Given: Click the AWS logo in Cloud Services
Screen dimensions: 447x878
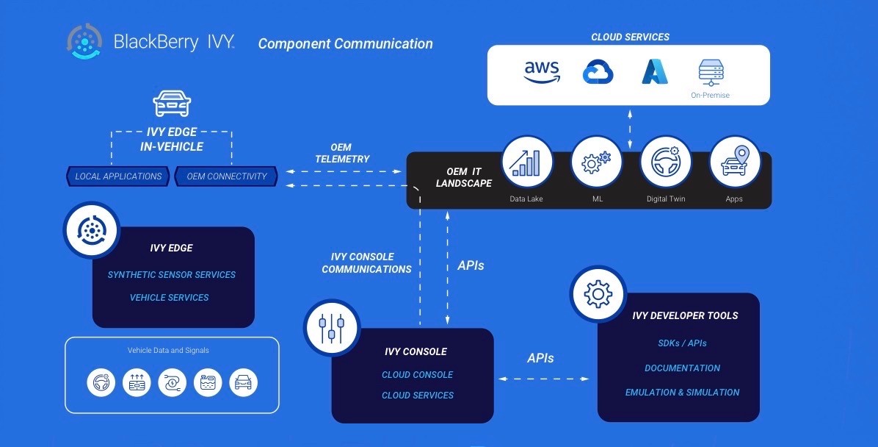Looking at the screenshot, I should click(x=542, y=72).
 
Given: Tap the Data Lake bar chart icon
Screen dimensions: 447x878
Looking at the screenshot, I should click(x=526, y=162).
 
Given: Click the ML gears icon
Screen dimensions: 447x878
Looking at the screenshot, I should click(x=595, y=162).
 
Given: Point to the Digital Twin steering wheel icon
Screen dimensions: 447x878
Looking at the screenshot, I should click(x=665, y=162).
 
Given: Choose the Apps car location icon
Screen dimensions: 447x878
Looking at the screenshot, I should click(x=734, y=162).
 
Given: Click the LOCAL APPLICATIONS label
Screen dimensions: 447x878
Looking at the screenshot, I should click(x=118, y=176).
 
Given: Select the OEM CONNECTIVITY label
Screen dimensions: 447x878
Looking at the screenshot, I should click(x=227, y=176).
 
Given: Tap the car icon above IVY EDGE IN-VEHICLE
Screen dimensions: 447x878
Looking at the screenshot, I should click(x=172, y=104).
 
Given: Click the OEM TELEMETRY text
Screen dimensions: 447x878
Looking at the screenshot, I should click(x=342, y=154).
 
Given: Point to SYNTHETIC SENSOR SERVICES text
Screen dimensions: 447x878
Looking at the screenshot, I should click(x=172, y=275).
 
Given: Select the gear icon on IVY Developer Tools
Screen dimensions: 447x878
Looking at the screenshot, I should click(x=598, y=293).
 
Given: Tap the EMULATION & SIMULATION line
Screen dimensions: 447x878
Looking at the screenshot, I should click(x=682, y=393).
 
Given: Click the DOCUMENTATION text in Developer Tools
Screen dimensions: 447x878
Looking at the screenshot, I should click(x=682, y=368).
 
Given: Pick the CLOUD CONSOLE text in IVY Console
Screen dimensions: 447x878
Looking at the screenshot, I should click(x=417, y=375).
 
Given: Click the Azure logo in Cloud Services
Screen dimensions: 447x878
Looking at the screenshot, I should click(x=655, y=72).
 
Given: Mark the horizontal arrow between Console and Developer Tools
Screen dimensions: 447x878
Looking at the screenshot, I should click(x=544, y=379).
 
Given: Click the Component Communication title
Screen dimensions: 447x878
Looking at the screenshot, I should click(x=345, y=44).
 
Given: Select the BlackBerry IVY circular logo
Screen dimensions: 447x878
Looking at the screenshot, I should click(x=84, y=42).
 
